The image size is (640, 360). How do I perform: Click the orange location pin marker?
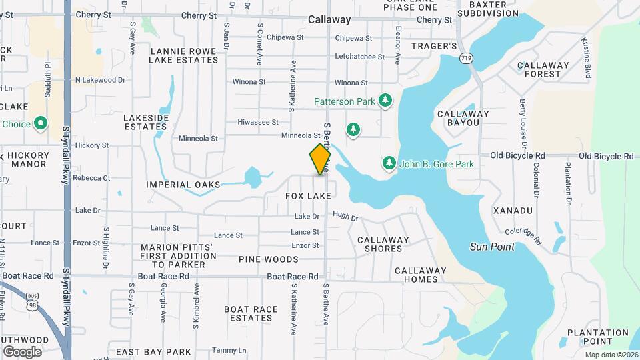point(321,159)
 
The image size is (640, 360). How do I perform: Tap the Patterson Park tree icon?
point(385,101)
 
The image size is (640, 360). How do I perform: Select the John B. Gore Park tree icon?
point(389,163)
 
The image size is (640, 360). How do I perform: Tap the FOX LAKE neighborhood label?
point(308,196)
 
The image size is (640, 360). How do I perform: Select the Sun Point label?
point(492,247)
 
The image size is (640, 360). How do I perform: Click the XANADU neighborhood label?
point(513,211)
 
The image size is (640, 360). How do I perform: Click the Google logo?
point(22,351)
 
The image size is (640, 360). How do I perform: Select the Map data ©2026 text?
point(611,355)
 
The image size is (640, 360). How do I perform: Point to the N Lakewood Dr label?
point(100,80)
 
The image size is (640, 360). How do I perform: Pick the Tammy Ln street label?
point(229,351)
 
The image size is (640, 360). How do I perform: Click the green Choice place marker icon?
point(41,123)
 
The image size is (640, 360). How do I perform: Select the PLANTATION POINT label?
point(598,337)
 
